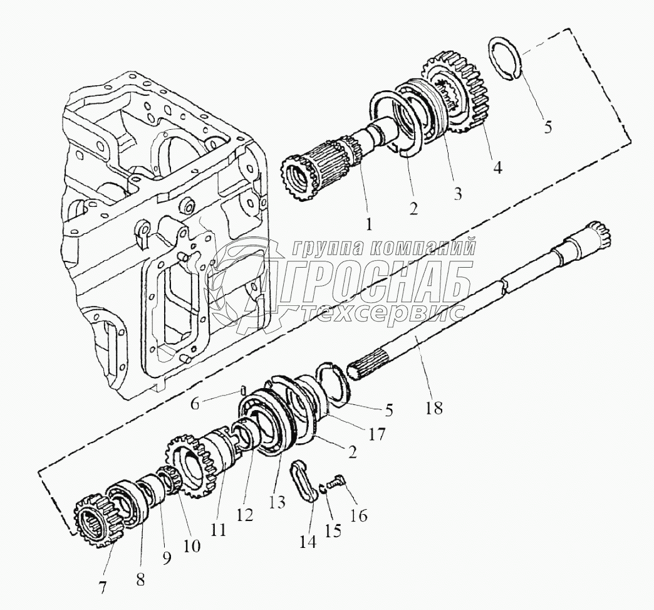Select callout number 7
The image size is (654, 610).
click(102, 587)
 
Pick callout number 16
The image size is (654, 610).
click(360, 515)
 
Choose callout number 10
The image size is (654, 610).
click(192, 545)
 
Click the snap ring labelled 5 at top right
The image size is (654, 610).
click(505, 58)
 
